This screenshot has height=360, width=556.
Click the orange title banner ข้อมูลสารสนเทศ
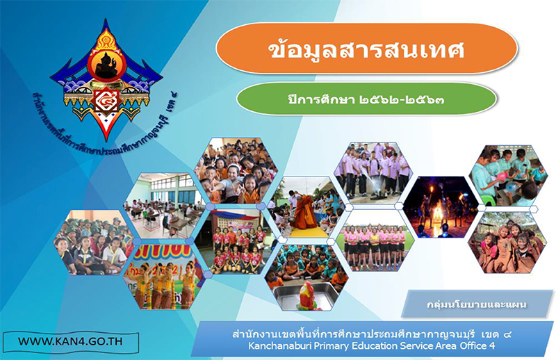click(367, 49)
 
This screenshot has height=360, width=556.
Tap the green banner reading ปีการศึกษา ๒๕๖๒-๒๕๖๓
click(366, 99)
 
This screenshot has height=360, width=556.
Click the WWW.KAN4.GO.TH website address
click(70, 341)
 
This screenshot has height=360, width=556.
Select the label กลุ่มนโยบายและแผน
click(477, 304)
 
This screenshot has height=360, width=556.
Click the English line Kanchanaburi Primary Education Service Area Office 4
click(371, 345)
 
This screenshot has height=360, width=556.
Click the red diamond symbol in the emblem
click(106, 100)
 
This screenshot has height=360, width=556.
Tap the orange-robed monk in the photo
click(306, 212)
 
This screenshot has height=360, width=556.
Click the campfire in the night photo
click(439, 213)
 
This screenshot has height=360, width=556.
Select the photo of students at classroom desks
click(164, 206)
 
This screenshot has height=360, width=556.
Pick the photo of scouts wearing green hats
click(94, 243)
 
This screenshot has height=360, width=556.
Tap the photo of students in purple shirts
click(373, 173)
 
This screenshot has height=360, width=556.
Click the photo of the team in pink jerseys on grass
click(375, 240)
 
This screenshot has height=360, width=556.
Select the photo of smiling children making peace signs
click(236, 170)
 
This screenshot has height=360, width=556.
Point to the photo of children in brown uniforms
click(507, 243)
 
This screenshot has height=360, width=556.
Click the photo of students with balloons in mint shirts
click(508, 175)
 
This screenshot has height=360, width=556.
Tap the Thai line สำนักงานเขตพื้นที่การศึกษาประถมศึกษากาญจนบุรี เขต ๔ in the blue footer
click(371, 334)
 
